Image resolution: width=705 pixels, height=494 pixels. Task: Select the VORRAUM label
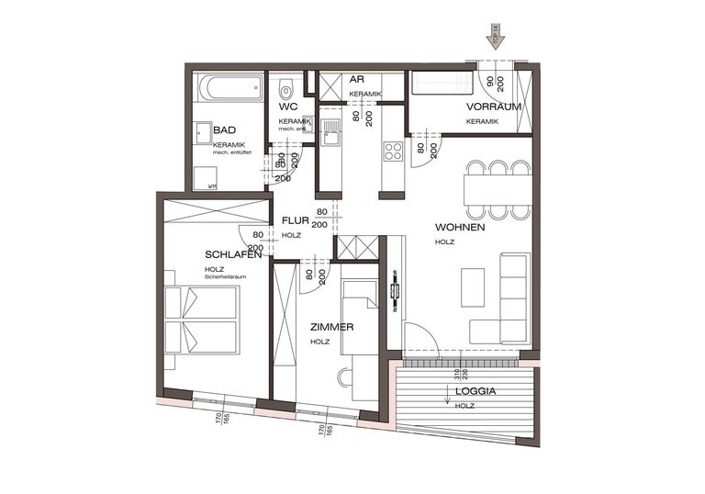pos(499,107)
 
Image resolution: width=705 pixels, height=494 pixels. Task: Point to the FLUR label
pos(294,221)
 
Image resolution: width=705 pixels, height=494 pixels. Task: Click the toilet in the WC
pos(285,90)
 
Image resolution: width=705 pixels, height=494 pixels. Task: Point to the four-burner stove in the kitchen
pos(394,150)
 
